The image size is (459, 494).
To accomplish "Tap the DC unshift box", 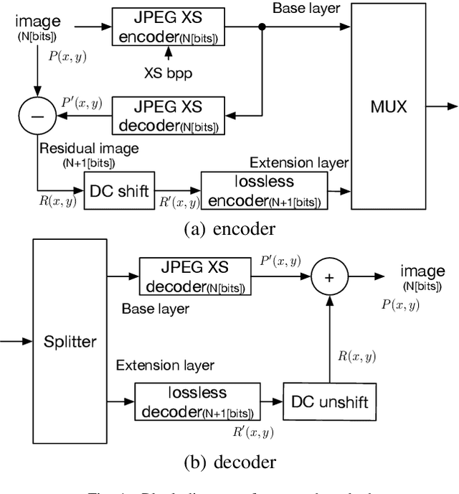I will pos(330,401).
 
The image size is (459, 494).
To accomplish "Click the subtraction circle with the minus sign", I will pos(35,115).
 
